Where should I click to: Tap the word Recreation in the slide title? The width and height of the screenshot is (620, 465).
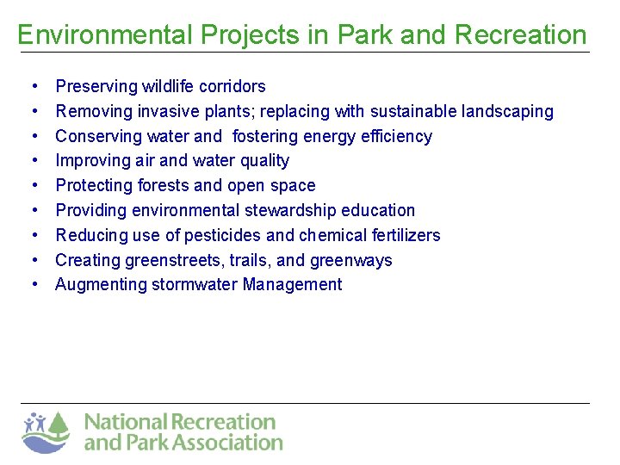pyautogui.click(x=520, y=34)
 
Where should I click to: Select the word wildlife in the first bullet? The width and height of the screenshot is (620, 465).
pyautogui.click(x=169, y=86)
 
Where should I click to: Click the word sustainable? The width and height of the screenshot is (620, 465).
pyautogui.click(x=413, y=111)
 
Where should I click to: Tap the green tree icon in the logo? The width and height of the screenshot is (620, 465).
pyautogui.click(x=58, y=425)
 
